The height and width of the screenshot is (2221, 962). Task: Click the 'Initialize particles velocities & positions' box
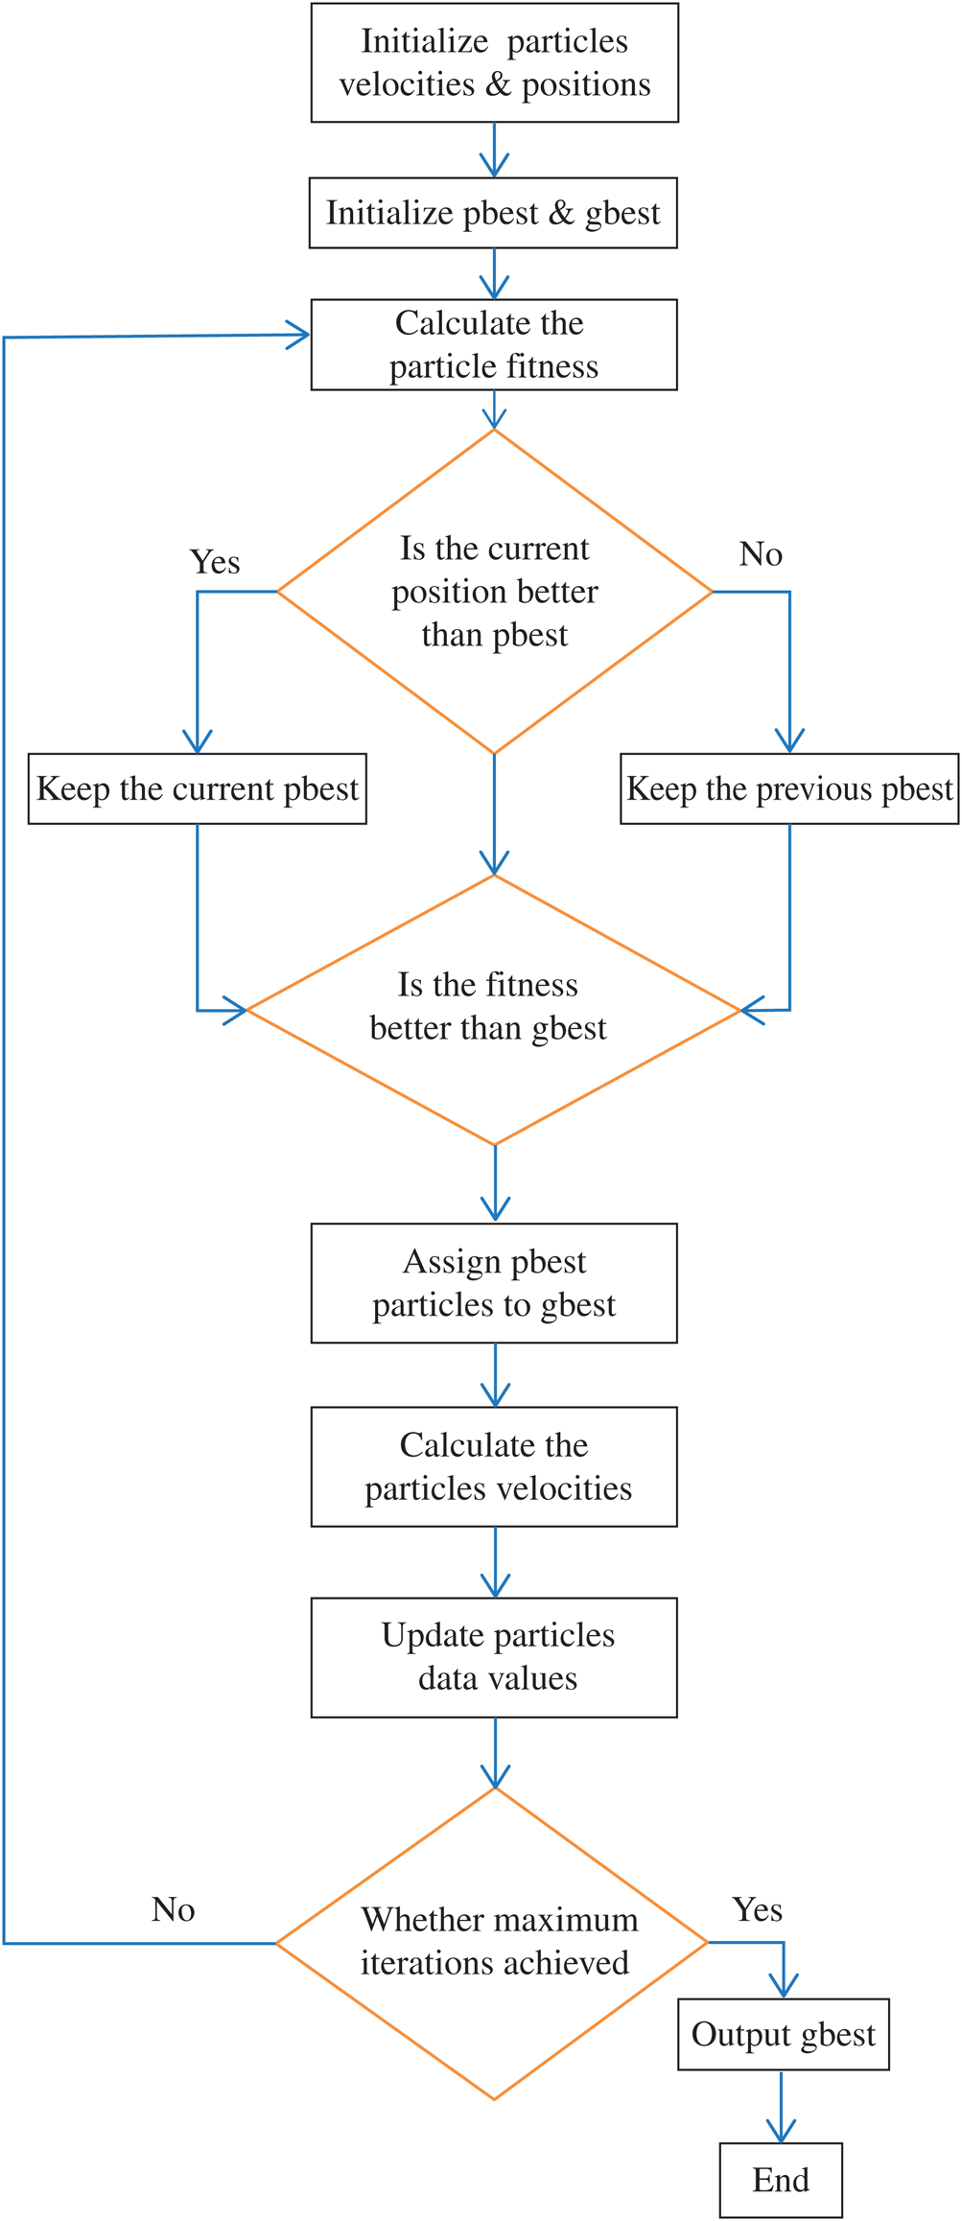[x=494, y=62]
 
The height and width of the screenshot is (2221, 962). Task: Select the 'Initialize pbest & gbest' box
[x=493, y=213]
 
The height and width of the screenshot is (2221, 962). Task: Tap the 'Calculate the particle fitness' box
[x=494, y=344]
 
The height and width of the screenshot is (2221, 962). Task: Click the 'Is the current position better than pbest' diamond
[x=494, y=592]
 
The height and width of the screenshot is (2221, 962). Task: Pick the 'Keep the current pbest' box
[x=197, y=788]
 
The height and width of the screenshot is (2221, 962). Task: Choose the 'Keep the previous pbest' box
[x=789, y=788]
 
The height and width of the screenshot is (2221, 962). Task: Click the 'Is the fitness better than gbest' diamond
[x=493, y=1009]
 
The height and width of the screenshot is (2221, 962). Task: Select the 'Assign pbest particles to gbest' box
[x=494, y=1282]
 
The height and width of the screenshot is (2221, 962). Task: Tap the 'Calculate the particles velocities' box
[x=494, y=1466]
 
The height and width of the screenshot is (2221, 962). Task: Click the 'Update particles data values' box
[x=494, y=1657]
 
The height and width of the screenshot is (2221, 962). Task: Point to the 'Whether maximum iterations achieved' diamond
[x=493, y=1943]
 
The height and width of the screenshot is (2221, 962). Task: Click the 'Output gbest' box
[x=783, y=2034]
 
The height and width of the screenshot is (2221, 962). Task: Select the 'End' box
[x=781, y=2180]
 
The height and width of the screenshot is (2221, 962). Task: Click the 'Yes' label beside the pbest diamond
[x=215, y=562]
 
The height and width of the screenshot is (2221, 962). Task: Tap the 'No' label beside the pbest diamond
[x=761, y=554]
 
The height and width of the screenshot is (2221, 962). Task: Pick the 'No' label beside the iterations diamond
[x=174, y=1909]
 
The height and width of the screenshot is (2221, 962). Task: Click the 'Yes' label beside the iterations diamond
[x=758, y=1909]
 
